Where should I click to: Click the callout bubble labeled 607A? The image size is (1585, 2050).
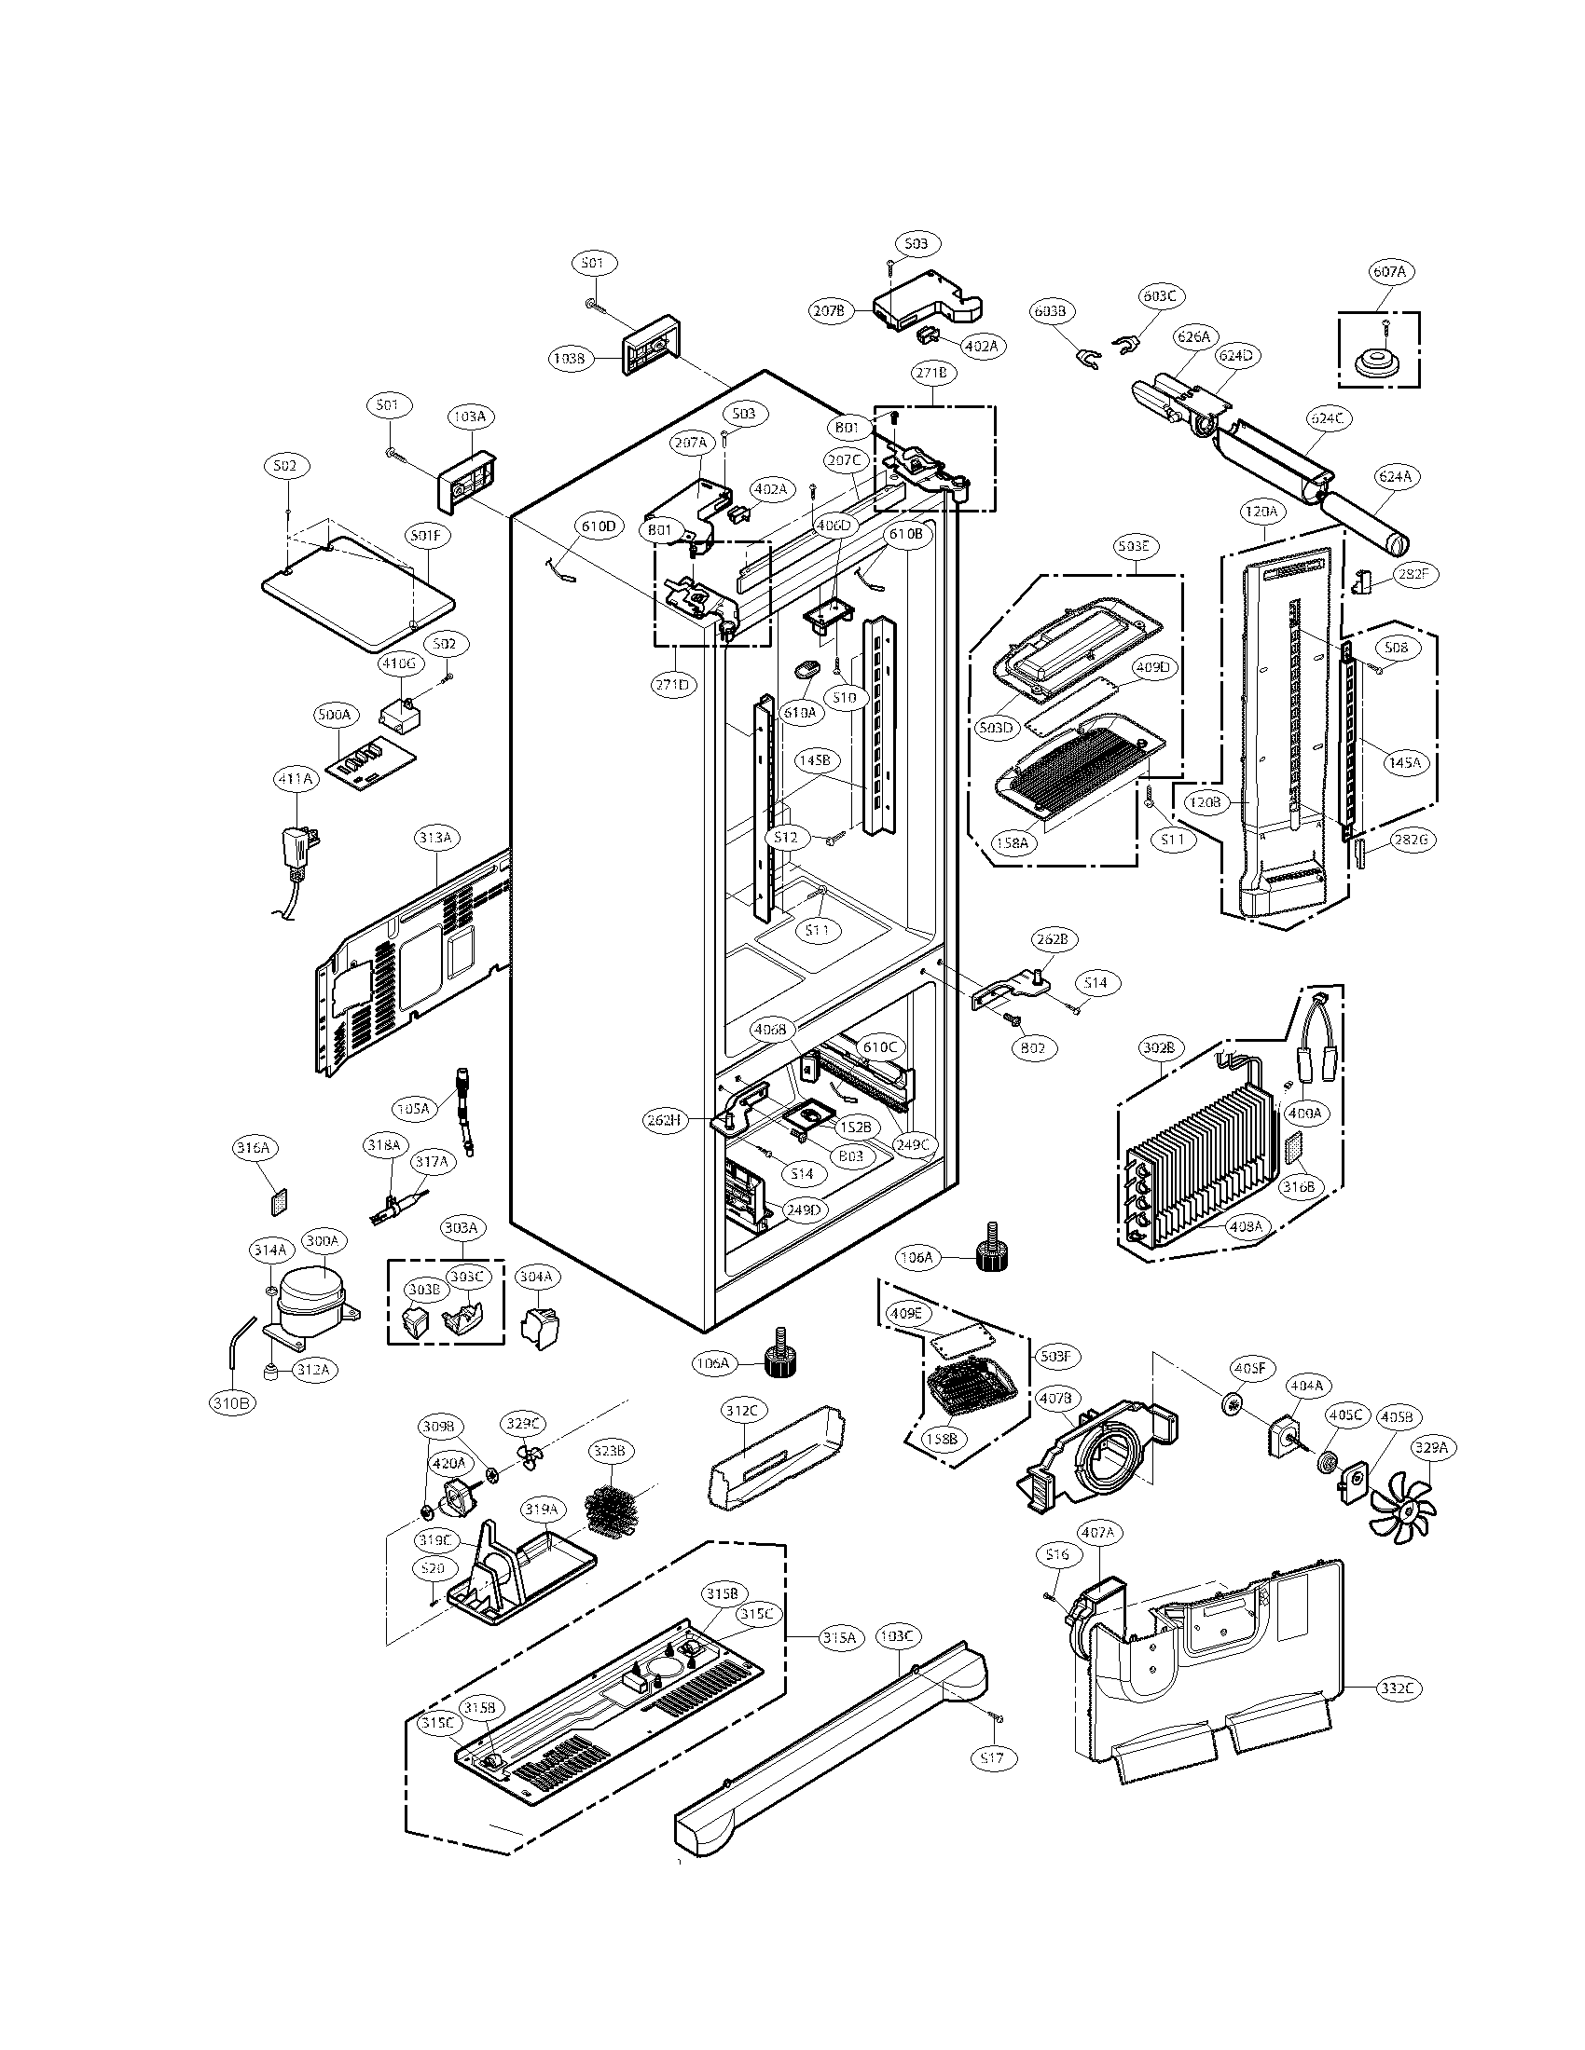pos(1388,271)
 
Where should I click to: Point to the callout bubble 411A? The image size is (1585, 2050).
pos(295,778)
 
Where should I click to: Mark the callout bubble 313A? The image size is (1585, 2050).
pos(435,839)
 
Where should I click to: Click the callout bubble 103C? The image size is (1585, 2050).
pos(898,1637)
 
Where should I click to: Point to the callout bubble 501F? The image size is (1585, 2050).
pos(429,536)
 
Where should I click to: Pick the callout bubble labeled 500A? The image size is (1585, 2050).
pos(334,715)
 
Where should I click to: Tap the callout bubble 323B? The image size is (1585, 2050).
pos(608,1451)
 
